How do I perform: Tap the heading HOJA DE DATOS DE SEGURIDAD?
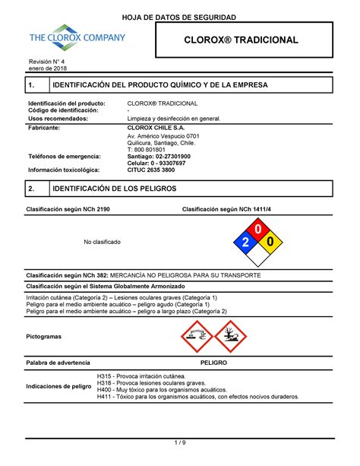coord(180,16)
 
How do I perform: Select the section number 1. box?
coord(33,87)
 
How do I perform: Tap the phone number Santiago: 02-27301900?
coord(158,156)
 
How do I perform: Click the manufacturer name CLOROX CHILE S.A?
coord(156,128)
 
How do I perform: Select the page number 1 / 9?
coord(180,442)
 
